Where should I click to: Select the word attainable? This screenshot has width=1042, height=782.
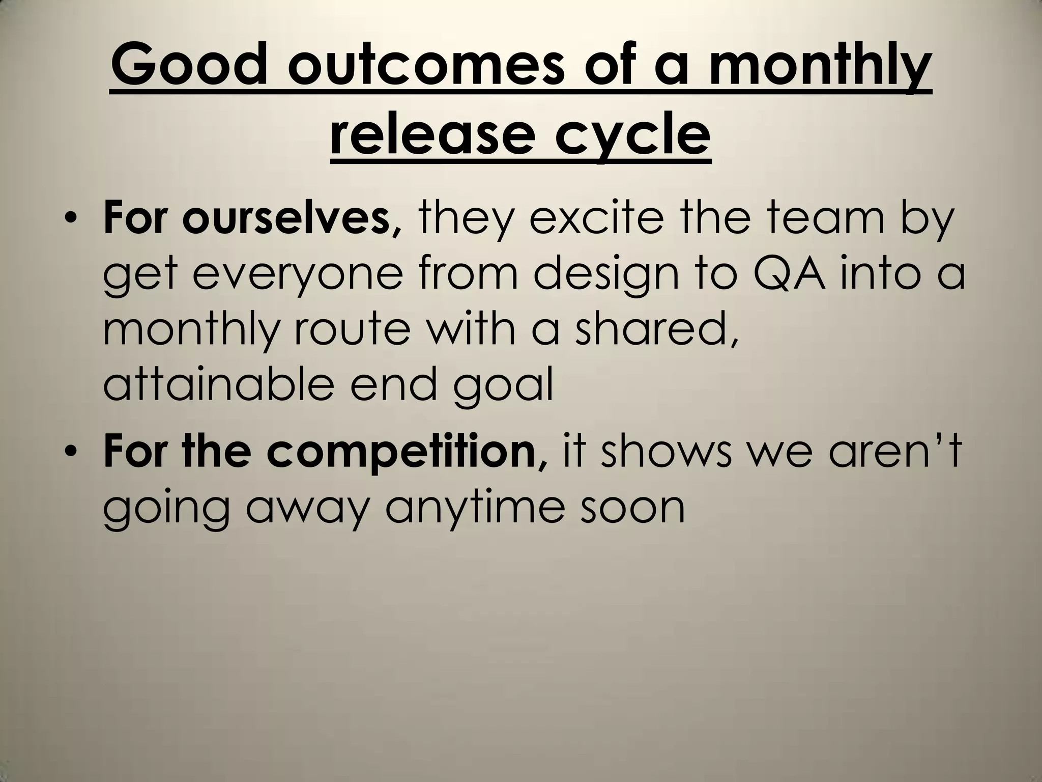coord(218,385)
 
